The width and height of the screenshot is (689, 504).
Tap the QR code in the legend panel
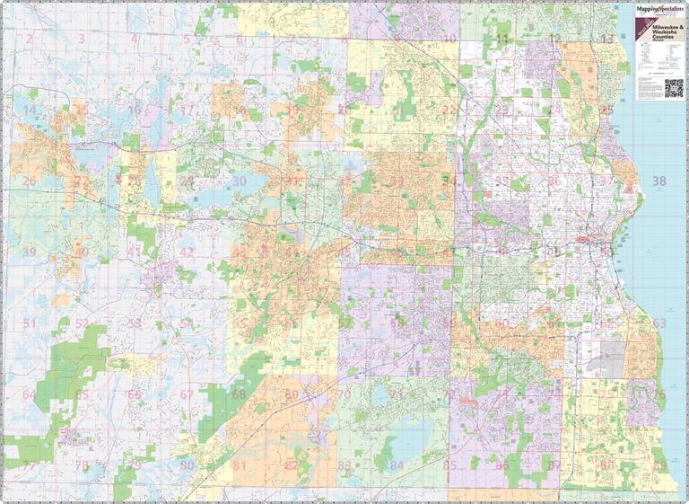(x=673, y=88)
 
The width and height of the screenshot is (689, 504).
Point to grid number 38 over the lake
(x=659, y=181)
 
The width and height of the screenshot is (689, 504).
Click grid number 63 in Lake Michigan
(x=659, y=323)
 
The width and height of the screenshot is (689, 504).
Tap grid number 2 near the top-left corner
(x=29, y=39)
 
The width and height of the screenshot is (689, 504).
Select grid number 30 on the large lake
(x=239, y=181)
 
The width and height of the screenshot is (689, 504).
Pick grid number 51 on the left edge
(x=30, y=323)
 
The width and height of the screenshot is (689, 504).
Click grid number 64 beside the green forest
(x=30, y=394)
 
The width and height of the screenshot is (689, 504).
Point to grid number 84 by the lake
(x=397, y=465)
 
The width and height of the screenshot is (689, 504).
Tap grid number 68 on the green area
(x=239, y=394)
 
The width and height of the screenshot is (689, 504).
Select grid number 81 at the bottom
(x=239, y=465)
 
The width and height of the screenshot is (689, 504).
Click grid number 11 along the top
(x=502, y=39)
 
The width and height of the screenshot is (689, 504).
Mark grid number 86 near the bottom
(x=502, y=465)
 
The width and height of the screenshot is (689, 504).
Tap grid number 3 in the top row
(x=82, y=39)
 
